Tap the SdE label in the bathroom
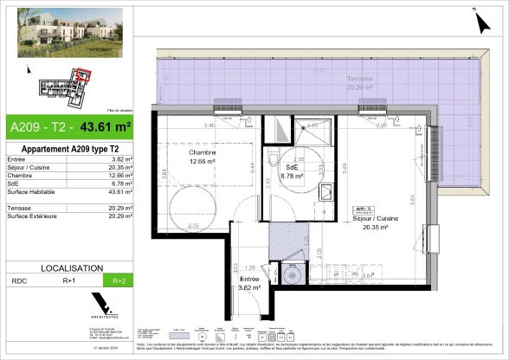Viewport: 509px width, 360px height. coord(288,170)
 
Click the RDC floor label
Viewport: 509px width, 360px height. coord(18,281)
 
